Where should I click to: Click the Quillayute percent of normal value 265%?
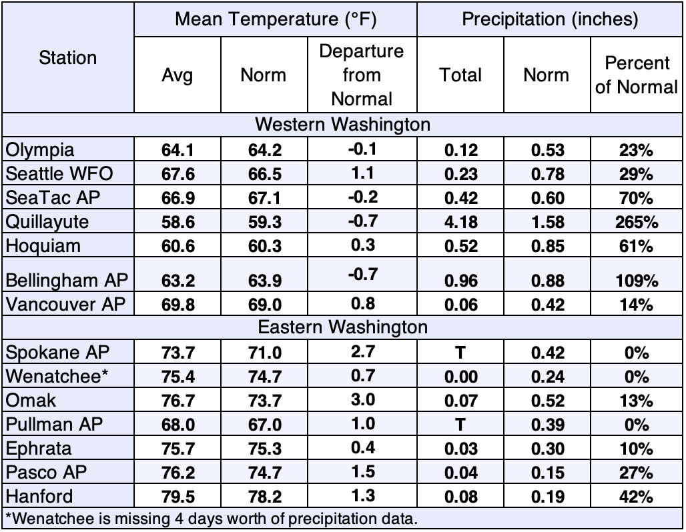(x=636, y=222)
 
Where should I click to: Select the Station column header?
(x=68, y=58)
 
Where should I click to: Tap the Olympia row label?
(x=40, y=150)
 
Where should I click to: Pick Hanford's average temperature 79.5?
(x=178, y=497)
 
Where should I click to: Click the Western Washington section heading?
(x=342, y=125)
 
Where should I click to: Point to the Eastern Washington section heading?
(x=342, y=327)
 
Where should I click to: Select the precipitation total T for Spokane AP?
(x=460, y=353)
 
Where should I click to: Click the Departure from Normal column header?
(x=362, y=75)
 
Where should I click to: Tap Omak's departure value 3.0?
(x=363, y=400)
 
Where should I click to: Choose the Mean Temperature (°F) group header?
(x=276, y=19)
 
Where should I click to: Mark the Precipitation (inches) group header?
(x=550, y=19)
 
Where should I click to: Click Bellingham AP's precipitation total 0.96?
(x=460, y=281)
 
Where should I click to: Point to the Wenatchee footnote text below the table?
(x=212, y=519)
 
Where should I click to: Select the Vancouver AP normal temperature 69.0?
(x=265, y=305)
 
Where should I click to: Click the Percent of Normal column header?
(x=637, y=75)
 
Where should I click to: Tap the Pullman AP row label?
(x=54, y=424)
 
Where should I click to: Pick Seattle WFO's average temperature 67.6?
(x=178, y=174)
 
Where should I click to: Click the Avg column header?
(x=178, y=75)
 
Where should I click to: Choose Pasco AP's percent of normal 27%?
(x=636, y=473)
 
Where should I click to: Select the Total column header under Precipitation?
(x=460, y=75)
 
